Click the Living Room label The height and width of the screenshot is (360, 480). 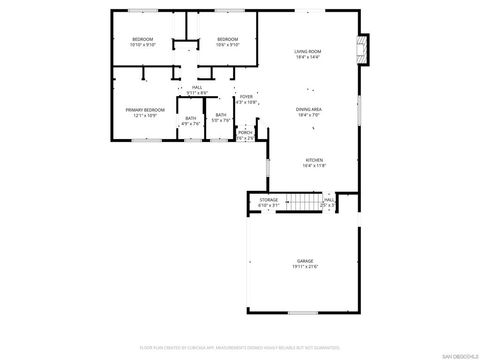click(307, 51)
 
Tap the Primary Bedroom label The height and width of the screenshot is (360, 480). click(145, 110)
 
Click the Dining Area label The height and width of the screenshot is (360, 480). click(308, 109)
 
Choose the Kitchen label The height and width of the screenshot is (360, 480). click(315, 160)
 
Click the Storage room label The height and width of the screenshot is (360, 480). click(269, 200)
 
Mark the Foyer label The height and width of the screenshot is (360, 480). click(246, 96)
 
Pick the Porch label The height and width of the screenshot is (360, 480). click(245, 131)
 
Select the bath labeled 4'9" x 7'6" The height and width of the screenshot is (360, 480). click(191, 119)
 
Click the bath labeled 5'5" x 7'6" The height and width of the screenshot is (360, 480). click(221, 116)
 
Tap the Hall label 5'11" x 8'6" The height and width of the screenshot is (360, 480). click(198, 89)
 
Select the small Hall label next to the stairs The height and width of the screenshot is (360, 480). click(328, 200)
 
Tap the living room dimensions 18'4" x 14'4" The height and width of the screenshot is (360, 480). click(307, 57)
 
